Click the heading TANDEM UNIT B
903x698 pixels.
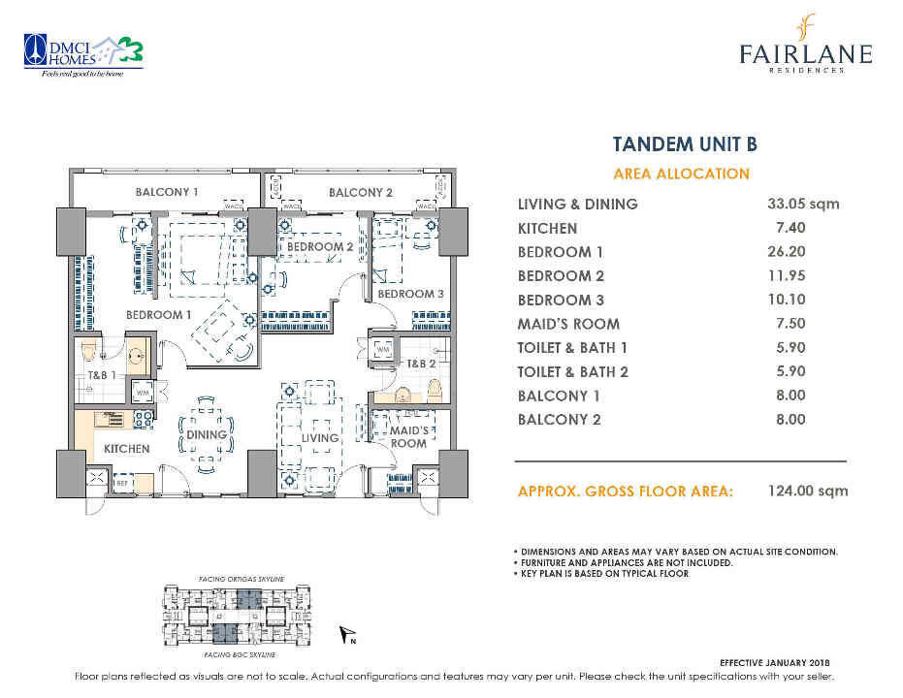[684, 145]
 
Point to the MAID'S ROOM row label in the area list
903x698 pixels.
[568, 324]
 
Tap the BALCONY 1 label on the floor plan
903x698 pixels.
[167, 192]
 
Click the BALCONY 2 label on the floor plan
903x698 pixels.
[360, 192]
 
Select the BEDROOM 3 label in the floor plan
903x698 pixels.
[410, 294]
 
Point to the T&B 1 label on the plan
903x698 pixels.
[102, 375]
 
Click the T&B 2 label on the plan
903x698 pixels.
[422, 364]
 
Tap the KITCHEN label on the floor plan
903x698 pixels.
[127, 449]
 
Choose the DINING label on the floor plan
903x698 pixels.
[207, 434]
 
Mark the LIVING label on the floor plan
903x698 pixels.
[319, 438]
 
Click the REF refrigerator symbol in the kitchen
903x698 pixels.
[123, 482]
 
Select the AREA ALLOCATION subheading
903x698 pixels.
[682, 174]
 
